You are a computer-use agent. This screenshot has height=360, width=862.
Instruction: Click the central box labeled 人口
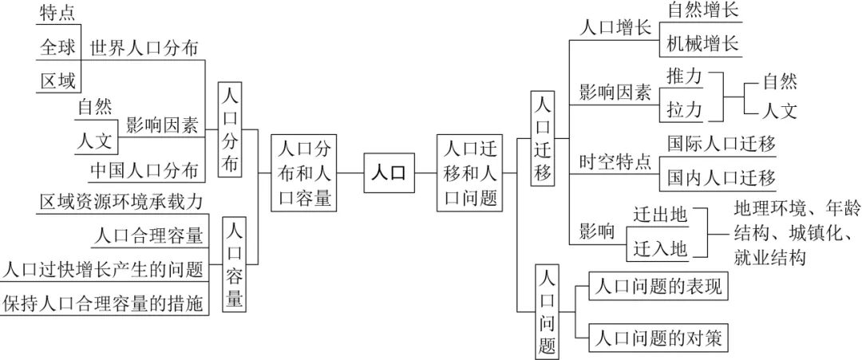[389, 173]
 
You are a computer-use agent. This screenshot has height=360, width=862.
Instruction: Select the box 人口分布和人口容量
[304, 173]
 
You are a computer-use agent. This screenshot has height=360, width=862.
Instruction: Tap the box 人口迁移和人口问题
[469, 173]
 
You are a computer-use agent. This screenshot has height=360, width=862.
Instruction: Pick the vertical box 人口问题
[548, 311]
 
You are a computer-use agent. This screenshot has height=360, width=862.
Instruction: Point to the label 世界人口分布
[144, 47]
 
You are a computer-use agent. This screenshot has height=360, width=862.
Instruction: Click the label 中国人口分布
[144, 171]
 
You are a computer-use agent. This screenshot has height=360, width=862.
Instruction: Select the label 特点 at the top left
[57, 14]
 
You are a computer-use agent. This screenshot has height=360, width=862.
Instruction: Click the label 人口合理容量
[148, 236]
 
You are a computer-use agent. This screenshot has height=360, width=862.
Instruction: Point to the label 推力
[685, 77]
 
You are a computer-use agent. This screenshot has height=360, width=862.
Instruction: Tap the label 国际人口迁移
[722, 144]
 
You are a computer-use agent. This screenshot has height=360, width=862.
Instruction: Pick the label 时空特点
[615, 162]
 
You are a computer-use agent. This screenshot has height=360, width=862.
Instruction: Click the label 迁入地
[660, 250]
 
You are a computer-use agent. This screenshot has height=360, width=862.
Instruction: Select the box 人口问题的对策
[658, 337]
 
